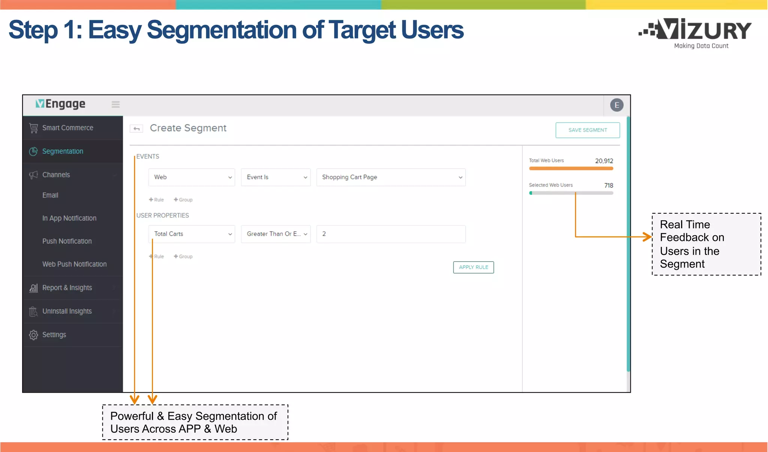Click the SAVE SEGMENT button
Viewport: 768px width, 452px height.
click(587, 130)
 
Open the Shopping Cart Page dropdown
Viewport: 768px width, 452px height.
click(390, 177)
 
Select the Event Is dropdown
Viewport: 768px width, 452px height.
click(276, 177)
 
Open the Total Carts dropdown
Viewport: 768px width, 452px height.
click(192, 234)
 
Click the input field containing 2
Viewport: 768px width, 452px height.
click(390, 234)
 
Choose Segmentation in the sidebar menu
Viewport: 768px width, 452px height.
click(63, 151)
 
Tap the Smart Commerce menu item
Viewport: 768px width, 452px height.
click(67, 128)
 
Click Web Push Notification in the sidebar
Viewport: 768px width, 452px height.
click(74, 264)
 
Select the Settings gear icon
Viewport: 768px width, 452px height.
click(33, 335)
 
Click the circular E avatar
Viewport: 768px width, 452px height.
click(616, 105)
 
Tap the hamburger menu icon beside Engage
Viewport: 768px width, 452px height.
click(115, 105)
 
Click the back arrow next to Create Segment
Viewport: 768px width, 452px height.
click(136, 129)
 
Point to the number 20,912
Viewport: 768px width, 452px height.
click(604, 161)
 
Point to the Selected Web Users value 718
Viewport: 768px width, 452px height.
click(608, 186)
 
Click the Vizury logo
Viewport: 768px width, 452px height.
click(695, 33)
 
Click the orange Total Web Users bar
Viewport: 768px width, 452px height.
click(571, 169)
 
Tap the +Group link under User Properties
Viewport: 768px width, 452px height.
click(183, 256)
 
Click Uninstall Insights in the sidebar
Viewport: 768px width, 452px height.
click(67, 311)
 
